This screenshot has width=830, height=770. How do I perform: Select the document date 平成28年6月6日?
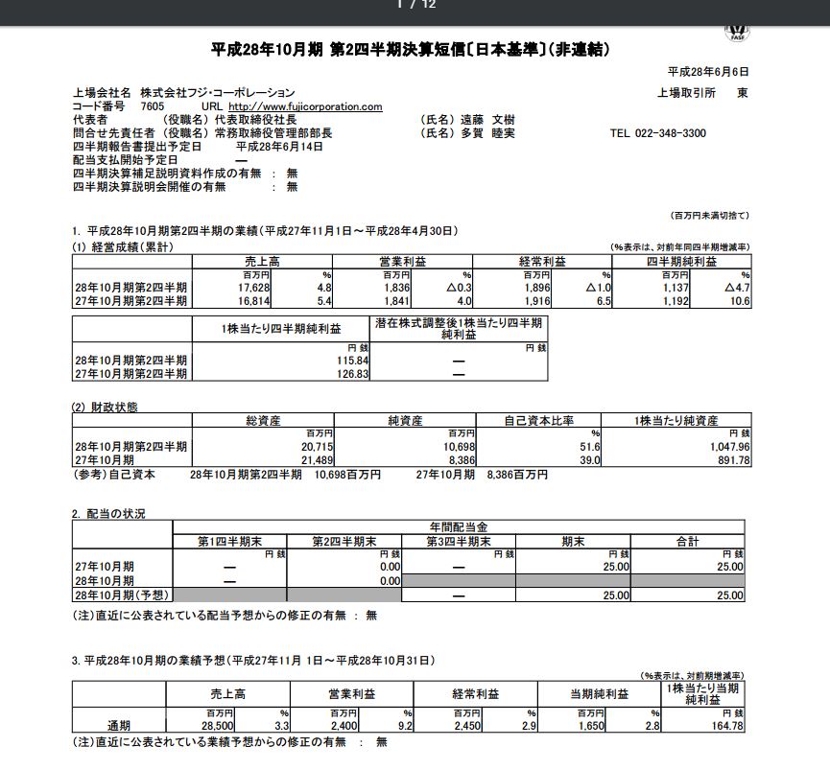pyautogui.click(x=707, y=72)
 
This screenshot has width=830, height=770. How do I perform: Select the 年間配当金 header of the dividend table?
pyautogui.click(x=459, y=527)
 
